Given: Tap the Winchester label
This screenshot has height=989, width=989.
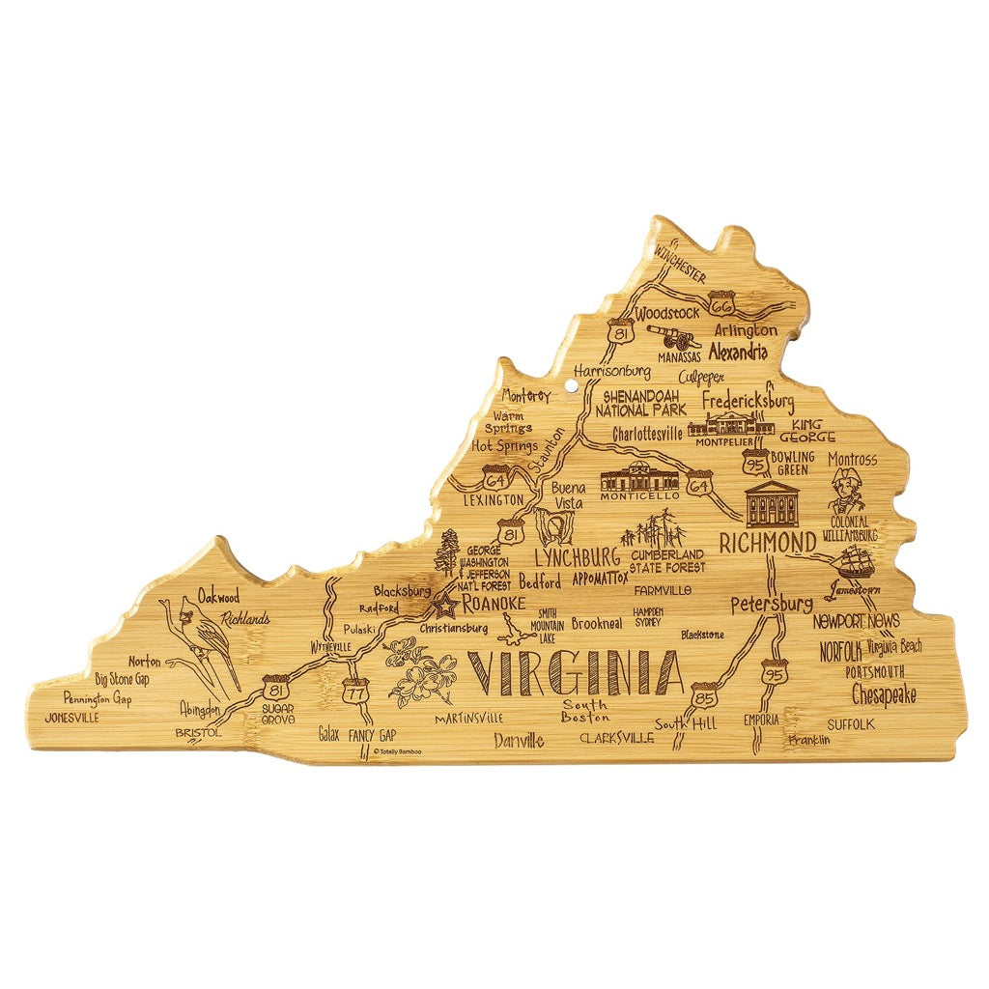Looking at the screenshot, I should point(679,262).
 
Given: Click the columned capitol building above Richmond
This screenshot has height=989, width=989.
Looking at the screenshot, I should point(772,503).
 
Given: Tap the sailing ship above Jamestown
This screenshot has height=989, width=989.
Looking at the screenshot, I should point(853,562).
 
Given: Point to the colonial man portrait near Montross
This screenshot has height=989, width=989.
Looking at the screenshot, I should point(847,492).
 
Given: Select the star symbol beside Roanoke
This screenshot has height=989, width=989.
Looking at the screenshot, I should point(445,607).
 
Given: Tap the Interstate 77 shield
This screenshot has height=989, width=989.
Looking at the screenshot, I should point(354,691).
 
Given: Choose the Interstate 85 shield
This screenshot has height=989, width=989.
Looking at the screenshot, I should point(702,696).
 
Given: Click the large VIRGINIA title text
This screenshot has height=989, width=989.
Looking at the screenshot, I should point(576,674).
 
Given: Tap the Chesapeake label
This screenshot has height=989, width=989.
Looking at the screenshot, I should point(883,694).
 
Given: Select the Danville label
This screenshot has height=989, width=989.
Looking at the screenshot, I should point(519,742).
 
